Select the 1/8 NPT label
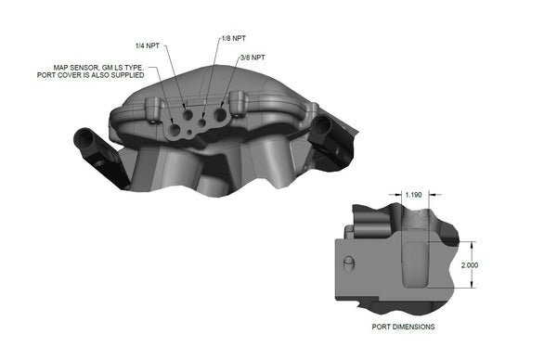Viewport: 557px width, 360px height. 234,39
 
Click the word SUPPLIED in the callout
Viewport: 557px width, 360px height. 128,75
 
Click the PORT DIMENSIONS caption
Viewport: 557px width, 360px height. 396,328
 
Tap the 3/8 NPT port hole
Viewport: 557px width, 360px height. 221,117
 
